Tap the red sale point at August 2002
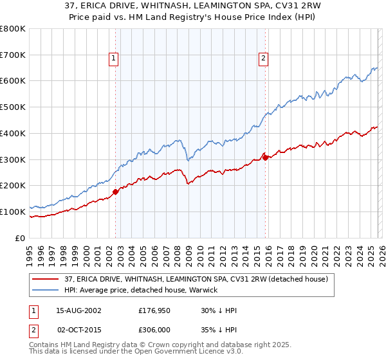(x=116, y=191)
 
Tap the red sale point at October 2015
(x=265, y=157)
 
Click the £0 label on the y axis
(x=21, y=238)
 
